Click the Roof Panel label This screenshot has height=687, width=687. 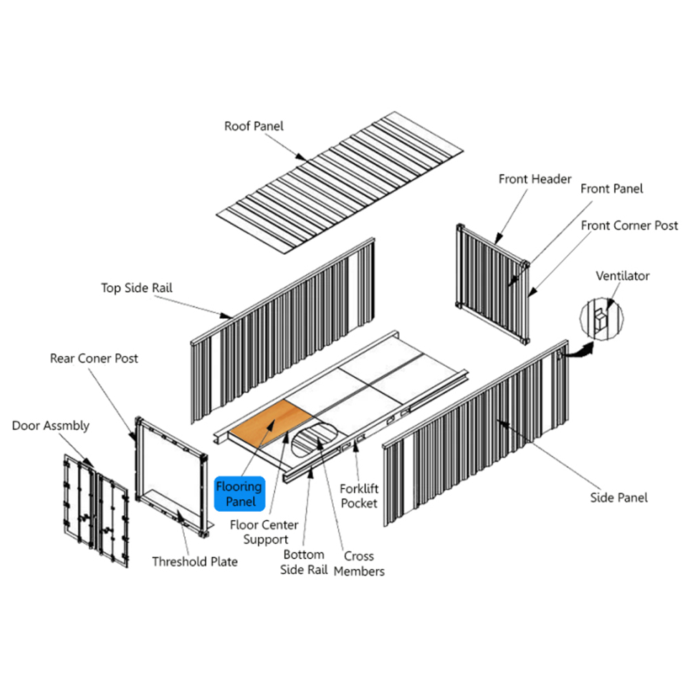(x=254, y=126)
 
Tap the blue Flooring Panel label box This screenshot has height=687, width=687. (x=240, y=494)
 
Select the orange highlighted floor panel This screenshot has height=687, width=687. (x=271, y=423)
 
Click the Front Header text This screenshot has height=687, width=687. (x=534, y=179)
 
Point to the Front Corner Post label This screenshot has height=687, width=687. (x=629, y=225)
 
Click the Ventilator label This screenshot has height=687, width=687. (x=622, y=276)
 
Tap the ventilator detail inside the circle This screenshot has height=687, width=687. (x=600, y=319)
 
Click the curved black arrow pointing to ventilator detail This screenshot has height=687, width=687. (x=578, y=351)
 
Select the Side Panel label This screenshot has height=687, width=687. (x=619, y=497)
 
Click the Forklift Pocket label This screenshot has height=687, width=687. (x=359, y=496)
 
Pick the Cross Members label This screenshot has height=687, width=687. (x=359, y=563)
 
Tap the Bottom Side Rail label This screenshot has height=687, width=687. (x=304, y=562)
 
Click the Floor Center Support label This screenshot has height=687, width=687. (x=264, y=532)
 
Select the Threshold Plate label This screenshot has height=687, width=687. (x=195, y=562)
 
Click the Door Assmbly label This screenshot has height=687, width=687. (x=50, y=426)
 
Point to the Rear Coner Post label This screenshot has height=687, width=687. (x=93, y=359)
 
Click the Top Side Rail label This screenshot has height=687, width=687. (x=137, y=288)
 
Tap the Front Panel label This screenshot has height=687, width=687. (x=611, y=189)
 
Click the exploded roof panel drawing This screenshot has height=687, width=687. (x=340, y=182)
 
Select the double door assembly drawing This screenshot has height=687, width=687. (x=96, y=511)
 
